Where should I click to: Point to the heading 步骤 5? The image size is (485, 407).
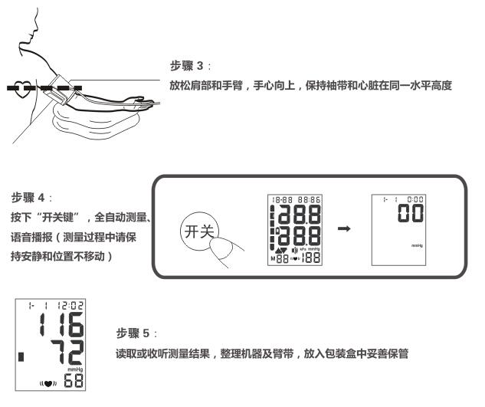[x=132, y=335]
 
